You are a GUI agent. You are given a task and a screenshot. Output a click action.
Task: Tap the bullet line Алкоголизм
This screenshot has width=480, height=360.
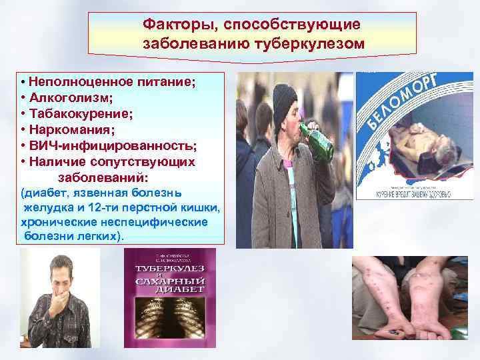coord(70,97)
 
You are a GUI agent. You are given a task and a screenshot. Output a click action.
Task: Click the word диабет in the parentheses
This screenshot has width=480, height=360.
coord(45,193)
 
